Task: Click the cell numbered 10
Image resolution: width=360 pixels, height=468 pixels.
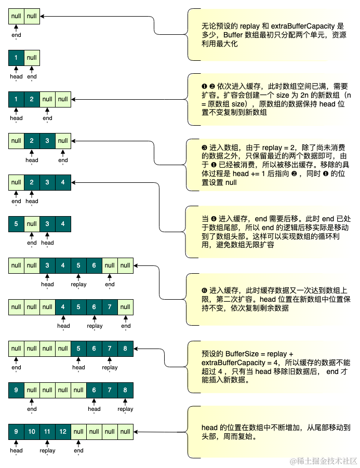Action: click(x=32, y=432)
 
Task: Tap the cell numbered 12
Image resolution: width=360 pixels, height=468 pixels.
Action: click(x=63, y=432)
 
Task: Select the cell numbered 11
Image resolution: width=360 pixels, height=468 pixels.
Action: click(x=47, y=432)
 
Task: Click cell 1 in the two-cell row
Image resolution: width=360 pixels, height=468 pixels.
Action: click(x=16, y=58)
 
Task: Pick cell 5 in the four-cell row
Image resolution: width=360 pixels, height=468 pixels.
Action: click(x=16, y=224)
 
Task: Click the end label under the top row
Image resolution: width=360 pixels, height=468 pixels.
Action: click(x=16, y=35)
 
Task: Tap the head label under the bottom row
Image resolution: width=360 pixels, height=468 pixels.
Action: click(x=16, y=451)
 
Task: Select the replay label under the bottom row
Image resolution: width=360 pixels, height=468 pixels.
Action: click(x=47, y=451)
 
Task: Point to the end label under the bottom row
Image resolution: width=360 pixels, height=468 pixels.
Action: click(x=78, y=451)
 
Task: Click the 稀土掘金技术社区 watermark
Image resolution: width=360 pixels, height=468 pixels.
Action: click(x=323, y=461)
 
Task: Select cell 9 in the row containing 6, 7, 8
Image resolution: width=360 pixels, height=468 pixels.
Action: click(x=16, y=390)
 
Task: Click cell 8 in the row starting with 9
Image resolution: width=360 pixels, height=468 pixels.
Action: click(x=125, y=390)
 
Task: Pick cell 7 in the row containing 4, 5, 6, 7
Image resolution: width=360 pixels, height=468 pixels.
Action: click(x=110, y=307)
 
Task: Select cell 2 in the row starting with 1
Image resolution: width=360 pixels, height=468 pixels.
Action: click(x=32, y=99)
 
